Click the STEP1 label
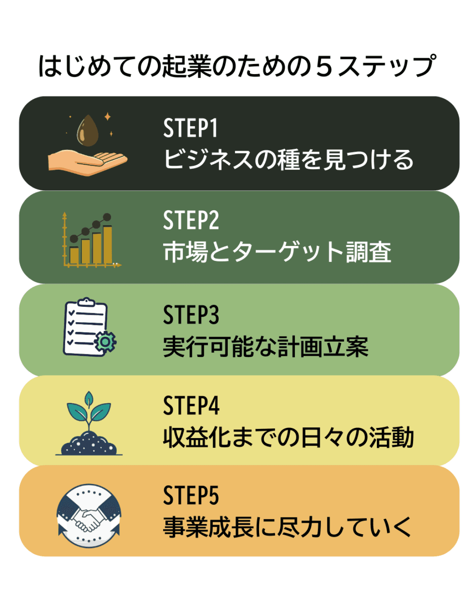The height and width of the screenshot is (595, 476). tap(190, 127)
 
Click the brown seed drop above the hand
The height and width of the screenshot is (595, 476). tap(88, 130)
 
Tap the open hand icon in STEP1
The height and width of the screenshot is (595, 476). tap(87, 163)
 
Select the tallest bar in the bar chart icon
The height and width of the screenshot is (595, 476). tap(108, 245)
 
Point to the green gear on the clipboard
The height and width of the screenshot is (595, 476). tap(105, 342)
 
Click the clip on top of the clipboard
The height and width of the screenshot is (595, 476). tap(86, 301)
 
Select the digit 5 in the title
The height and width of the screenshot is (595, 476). tap(324, 67)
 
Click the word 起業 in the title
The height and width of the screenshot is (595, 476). tap(187, 67)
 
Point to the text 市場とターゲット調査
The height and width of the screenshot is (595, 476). tap(277, 251)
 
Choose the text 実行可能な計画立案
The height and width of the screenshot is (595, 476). tap(265, 346)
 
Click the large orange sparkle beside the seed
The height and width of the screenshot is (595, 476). tap(108, 117)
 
